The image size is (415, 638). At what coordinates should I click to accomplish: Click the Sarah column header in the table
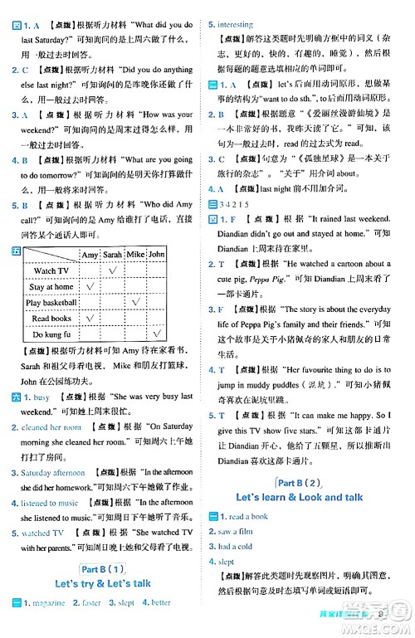(x=113, y=254)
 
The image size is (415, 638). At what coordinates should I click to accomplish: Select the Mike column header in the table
(x=135, y=254)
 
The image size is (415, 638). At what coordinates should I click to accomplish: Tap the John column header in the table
(x=156, y=254)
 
